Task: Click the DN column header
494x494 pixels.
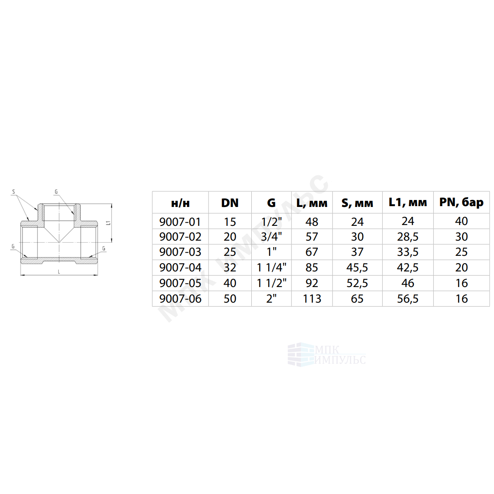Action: pos(230,203)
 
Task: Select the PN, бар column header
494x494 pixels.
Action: pos(461,202)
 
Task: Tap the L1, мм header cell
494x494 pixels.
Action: pos(408,202)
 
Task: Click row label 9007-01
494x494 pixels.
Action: pos(180,222)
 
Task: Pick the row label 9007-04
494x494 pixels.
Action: pos(180,268)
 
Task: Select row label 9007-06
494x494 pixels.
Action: pos(180,299)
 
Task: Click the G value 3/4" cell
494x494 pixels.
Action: pos(271,237)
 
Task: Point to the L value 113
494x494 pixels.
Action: pos(312,299)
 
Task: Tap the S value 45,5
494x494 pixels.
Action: pos(357,268)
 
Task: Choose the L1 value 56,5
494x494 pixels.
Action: pos(408,299)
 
